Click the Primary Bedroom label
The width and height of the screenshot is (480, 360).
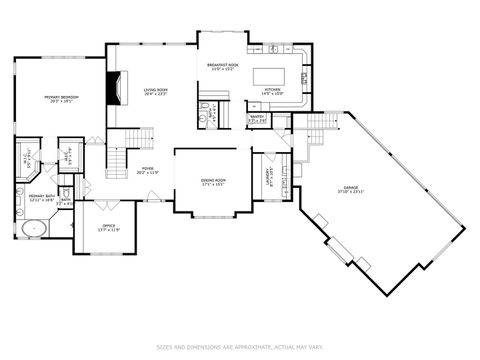60,97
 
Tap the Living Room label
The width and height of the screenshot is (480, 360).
155,89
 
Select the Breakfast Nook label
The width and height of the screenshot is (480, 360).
222,66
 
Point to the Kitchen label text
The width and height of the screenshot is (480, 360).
272,90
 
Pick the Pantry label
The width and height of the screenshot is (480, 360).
257,117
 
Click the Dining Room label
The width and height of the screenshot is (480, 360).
213,180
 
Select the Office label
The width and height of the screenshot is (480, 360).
108,226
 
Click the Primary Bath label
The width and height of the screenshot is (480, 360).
41,196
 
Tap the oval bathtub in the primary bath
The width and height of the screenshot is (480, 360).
35,228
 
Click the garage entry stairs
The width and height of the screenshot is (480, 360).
318,124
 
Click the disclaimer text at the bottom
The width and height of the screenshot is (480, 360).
240,347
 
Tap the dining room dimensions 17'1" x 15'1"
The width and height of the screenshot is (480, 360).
213,185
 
